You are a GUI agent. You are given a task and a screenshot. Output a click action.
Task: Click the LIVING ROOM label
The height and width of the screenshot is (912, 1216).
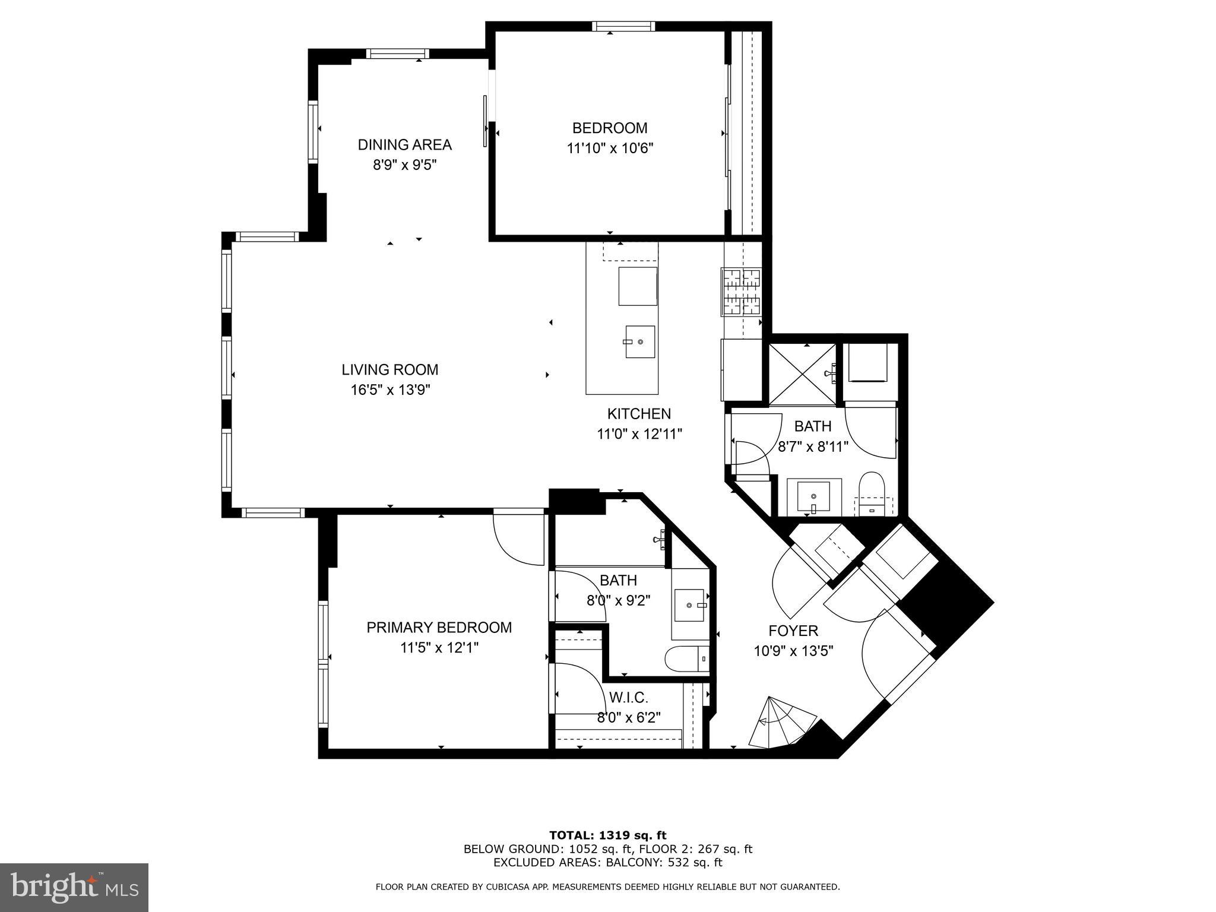(x=389, y=369)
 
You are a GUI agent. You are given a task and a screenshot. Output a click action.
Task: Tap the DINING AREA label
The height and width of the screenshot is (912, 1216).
(x=404, y=144)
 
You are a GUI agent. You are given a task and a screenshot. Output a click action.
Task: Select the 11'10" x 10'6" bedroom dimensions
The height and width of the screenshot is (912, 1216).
(x=610, y=148)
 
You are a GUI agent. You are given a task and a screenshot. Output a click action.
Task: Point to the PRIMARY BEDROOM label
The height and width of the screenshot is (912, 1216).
(x=439, y=628)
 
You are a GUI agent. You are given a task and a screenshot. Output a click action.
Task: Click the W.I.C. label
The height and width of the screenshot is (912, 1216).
(x=628, y=697)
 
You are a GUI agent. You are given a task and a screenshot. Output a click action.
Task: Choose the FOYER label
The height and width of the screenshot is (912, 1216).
(x=793, y=631)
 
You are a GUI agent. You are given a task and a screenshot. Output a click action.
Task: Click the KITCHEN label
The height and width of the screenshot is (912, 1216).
(x=639, y=414)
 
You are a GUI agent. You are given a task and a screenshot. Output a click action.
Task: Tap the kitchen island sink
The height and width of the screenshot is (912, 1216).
(x=639, y=342)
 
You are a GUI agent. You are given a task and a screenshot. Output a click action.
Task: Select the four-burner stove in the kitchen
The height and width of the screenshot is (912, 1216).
(x=741, y=291)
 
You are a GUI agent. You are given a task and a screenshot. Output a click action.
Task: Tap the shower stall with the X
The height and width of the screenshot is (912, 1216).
(x=802, y=374)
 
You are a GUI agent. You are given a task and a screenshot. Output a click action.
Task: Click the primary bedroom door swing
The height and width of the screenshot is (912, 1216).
(x=518, y=538)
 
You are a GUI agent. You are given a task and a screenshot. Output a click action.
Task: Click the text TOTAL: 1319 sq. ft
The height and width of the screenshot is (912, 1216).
(x=608, y=836)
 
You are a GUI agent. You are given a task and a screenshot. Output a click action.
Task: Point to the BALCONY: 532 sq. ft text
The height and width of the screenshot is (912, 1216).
(x=666, y=863)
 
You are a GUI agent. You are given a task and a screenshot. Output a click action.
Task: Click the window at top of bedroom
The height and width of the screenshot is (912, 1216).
(x=623, y=26)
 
